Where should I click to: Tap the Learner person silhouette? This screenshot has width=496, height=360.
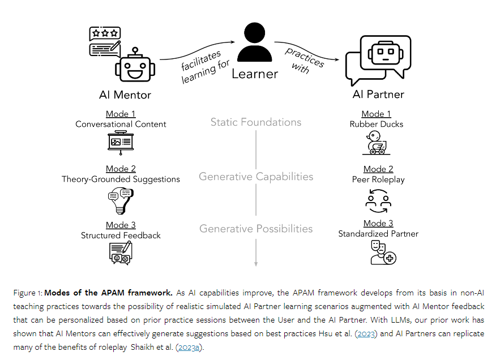[x=255, y=43]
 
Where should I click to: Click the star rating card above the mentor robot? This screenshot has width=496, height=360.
[x=105, y=41]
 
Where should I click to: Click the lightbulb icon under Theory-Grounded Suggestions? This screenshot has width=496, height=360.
[x=120, y=200]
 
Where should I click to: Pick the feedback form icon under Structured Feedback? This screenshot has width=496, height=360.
[x=121, y=253]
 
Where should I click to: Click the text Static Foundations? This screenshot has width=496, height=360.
[x=256, y=122]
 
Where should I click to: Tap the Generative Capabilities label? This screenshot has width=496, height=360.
[x=256, y=177]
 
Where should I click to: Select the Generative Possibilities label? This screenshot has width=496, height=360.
[x=256, y=229]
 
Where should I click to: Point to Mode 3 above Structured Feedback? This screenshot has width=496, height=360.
[x=121, y=225]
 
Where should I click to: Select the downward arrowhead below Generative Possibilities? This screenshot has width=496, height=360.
[x=256, y=263]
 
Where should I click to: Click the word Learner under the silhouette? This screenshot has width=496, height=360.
[x=255, y=74]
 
